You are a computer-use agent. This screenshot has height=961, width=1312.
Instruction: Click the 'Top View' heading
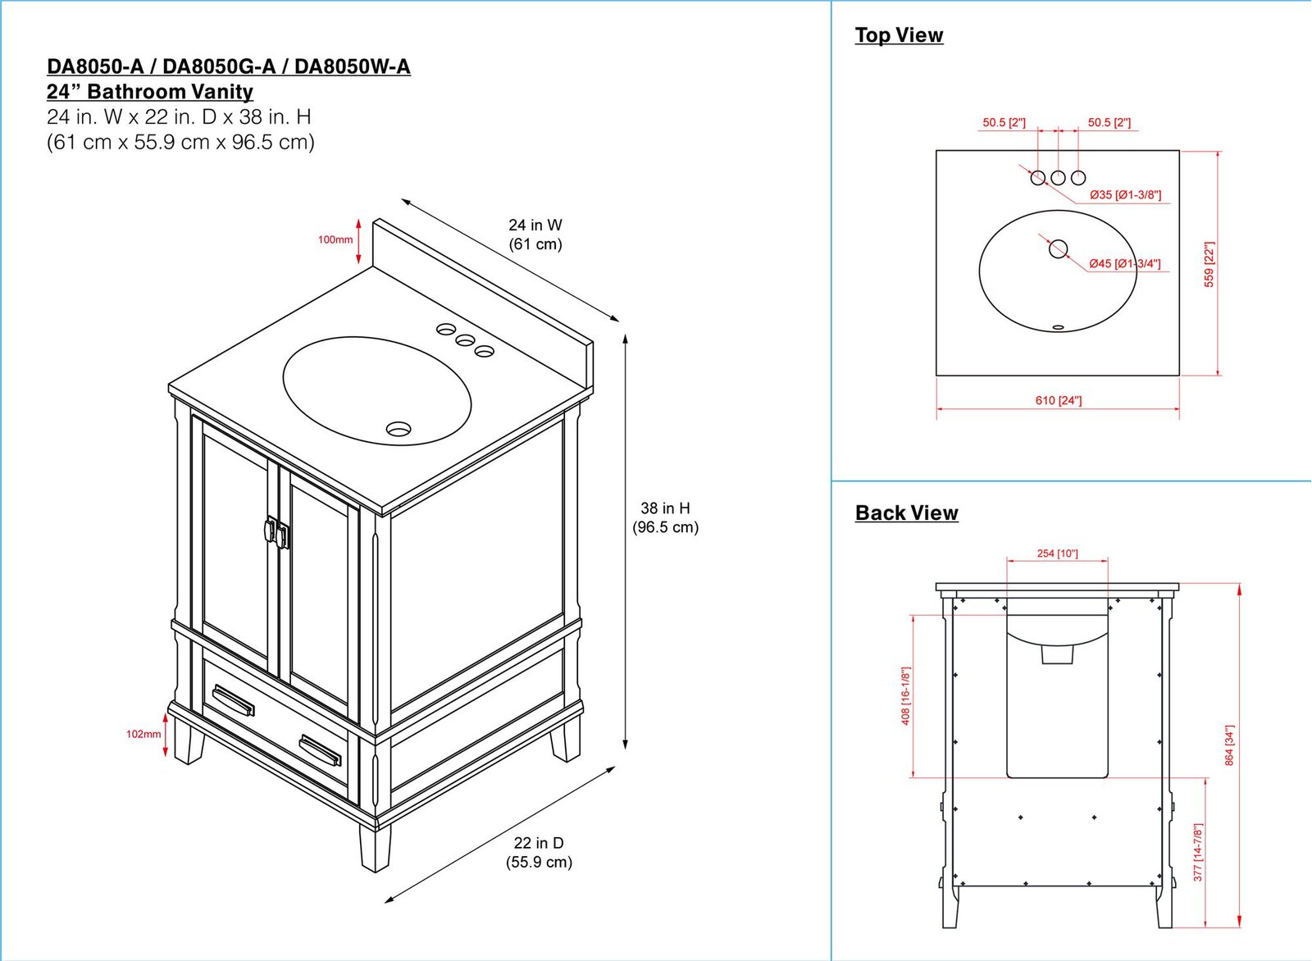point(899,35)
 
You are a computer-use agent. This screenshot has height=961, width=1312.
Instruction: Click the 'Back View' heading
point(906,513)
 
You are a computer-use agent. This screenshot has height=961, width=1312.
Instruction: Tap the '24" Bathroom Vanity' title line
point(150,92)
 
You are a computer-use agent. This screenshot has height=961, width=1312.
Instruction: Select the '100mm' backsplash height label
point(335,239)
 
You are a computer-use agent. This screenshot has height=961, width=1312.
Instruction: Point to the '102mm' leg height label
point(143,734)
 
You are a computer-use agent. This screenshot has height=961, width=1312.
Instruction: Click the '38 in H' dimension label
point(665,508)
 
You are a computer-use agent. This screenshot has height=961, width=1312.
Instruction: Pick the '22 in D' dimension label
point(539,843)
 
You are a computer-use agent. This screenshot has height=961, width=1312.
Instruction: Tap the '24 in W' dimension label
point(535,225)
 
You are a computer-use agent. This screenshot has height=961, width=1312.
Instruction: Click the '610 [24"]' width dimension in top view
point(1058,400)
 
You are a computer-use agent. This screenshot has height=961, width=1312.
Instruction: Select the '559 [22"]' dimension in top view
point(1209,264)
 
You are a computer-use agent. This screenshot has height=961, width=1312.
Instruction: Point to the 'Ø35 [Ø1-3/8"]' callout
point(1125,195)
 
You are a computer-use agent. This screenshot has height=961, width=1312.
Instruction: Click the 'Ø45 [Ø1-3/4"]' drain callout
point(1124,264)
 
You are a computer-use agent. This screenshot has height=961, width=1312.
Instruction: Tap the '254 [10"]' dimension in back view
point(1057,553)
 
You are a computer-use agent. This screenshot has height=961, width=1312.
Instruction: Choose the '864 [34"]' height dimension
point(1229,745)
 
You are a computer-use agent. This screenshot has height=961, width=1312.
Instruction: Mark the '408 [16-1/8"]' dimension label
point(905,695)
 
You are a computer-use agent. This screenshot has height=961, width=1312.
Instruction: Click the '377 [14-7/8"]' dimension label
point(1198,853)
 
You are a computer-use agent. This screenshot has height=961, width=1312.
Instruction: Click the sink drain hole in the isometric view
point(399,428)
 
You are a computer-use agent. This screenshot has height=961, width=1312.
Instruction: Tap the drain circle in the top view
point(1058,248)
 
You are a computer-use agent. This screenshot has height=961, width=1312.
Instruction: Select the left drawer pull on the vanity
point(233,700)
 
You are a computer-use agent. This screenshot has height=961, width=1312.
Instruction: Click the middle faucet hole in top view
point(1058,177)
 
